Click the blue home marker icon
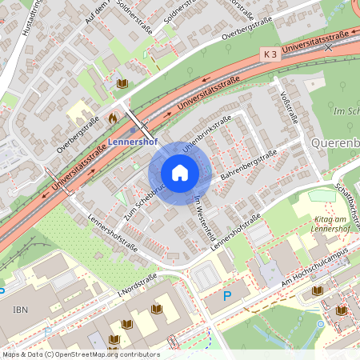coord(180,173)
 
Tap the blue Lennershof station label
coord(134,142)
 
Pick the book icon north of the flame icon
coord(122,83)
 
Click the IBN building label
coord(20,307)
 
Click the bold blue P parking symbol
coord(227,296)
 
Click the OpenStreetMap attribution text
coord(81,354)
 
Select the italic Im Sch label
coord(345,111)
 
